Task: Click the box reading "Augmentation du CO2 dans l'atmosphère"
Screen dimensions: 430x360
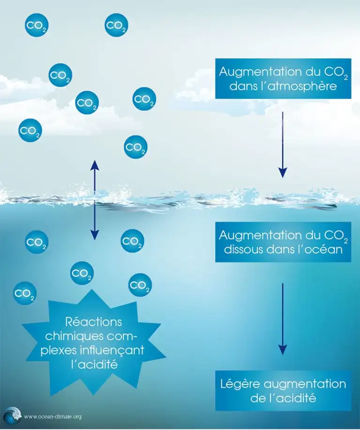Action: [283, 78]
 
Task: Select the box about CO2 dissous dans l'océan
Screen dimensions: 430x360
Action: [283, 241]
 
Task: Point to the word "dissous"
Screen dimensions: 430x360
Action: [240, 249]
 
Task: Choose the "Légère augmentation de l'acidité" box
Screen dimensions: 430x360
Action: [283, 390]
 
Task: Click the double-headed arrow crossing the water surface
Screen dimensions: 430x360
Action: [95, 200]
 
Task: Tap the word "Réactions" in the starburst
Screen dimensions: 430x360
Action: [94, 323]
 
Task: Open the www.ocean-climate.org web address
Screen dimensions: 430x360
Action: [52, 416]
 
